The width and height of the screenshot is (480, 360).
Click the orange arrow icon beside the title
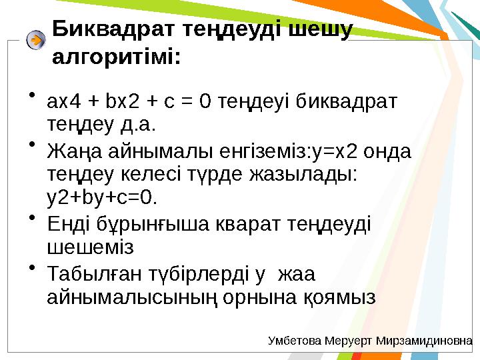pyautogui.click(x=36, y=40)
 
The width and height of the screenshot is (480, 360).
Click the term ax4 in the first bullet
pyautogui.click(x=64, y=102)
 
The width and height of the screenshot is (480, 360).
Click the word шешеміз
pyautogui.click(x=91, y=248)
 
